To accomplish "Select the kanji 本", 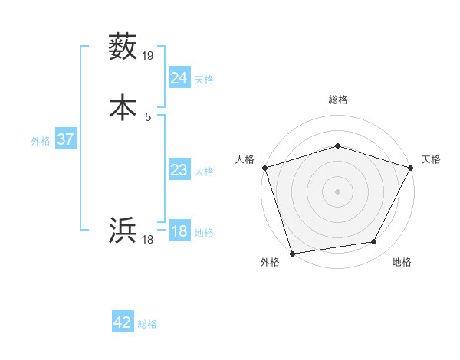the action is [123, 106].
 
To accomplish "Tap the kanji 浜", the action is [123, 230].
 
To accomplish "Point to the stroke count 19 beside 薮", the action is [148, 55].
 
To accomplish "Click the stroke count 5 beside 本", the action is [148, 116].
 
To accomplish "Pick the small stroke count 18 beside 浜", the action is [148, 240].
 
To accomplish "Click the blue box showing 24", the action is [179, 78].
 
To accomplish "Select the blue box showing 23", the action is [179, 170].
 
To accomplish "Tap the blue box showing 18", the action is [179, 231].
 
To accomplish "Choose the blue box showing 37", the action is [65, 139].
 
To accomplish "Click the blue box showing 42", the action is [122, 322].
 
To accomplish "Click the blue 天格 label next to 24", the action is [204, 80].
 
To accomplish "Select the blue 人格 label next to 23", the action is [204, 172].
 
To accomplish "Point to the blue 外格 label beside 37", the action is [41, 141].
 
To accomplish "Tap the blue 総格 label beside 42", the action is [147, 324].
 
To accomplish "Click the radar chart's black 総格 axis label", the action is [337, 100].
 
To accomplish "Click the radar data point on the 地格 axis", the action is [374, 242].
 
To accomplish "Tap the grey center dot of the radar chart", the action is [337, 191].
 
